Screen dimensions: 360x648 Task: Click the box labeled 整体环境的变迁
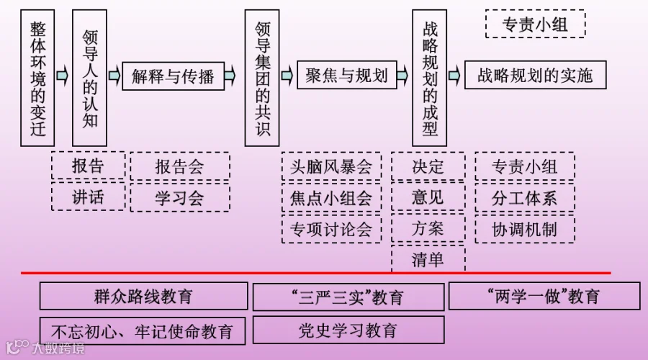point(37,78)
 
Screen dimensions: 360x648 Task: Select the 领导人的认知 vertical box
point(90,78)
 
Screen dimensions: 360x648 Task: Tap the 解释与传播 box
point(173,76)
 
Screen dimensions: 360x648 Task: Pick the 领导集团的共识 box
point(262,78)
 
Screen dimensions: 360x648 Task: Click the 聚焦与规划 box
point(347,75)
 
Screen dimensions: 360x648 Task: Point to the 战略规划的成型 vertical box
point(430,78)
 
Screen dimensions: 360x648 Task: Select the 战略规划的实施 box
point(535,75)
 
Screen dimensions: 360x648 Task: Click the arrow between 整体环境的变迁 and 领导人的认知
point(63,75)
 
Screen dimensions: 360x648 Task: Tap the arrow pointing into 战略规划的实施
point(454,75)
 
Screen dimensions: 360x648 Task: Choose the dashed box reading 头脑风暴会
point(331,167)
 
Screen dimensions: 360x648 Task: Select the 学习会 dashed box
point(180,197)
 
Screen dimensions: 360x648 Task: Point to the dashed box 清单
point(428,259)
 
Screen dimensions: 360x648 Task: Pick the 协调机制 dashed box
point(525,229)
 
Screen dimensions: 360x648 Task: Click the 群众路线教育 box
point(143,296)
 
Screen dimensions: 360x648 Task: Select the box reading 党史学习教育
point(348,330)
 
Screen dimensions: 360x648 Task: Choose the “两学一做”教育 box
point(544,296)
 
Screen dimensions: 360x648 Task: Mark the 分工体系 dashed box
point(525,198)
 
